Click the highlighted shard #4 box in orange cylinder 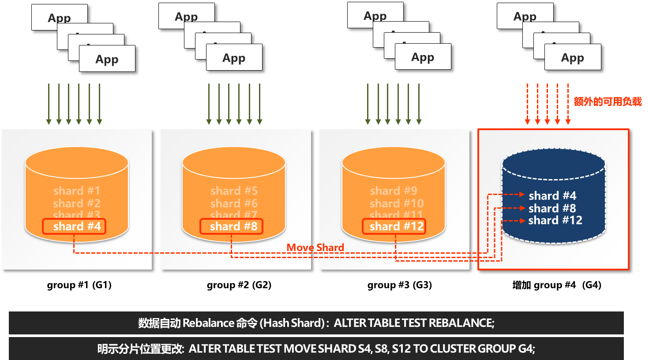tap(74, 226)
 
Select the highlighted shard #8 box tap(231, 226)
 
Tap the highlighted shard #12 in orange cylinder tap(394, 226)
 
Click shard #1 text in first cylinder tap(77, 191)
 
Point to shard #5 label tap(234, 191)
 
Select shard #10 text tap(397, 203)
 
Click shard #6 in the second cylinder tap(234, 203)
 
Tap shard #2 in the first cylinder tap(77, 203)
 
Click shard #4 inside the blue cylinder tap(552, 195)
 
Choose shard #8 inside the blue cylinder tap(552, 208)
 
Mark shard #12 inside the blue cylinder tap(555, 220)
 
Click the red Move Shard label tap(315, 247)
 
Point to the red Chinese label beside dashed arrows tap(608, 102)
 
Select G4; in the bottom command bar tap(526, 349)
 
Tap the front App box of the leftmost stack tap(107, 59)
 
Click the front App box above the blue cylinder tap(573, 58)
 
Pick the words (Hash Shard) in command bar tap(292, 323)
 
